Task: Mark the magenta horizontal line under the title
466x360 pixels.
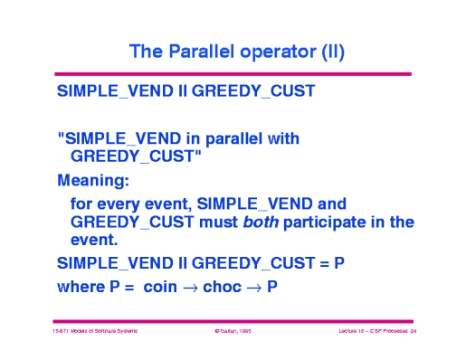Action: point(233,74)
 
